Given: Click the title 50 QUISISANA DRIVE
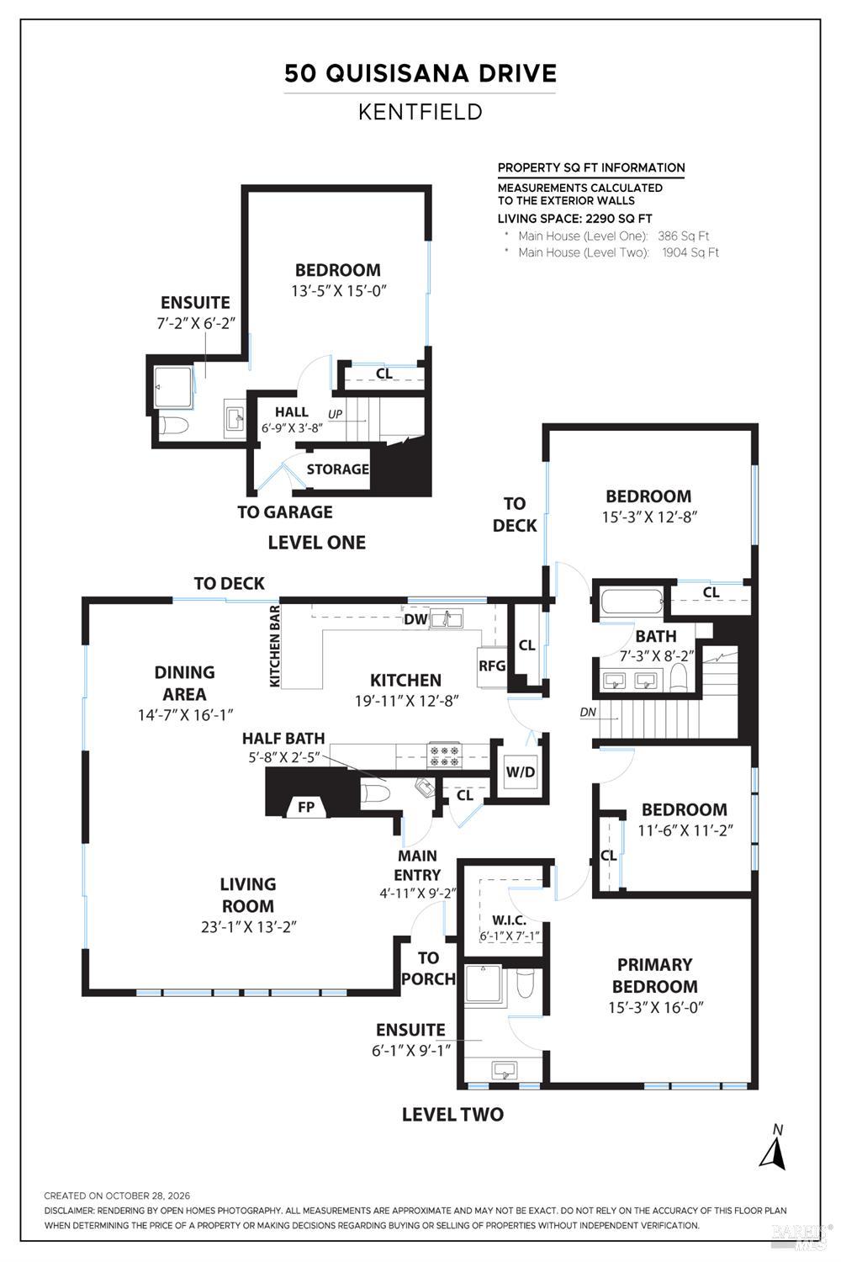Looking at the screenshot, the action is [x=420, y=74].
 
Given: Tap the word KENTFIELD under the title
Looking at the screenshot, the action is [x=420, y=112].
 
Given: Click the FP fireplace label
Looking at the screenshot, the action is [x=306, y=808].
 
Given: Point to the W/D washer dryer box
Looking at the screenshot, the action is [x=520, y=772].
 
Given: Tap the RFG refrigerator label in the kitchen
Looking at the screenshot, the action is [x=492, y=666].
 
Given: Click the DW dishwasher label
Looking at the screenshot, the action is [x=415, y=620].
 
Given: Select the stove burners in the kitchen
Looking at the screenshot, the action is [x=444, y=756].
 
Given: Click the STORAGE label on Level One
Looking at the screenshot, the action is [x=337, y=469].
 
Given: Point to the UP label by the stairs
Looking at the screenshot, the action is [x=336, y=414].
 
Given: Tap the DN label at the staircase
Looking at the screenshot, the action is [x=588, y=712].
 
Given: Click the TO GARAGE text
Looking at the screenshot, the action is [x=284, y=512].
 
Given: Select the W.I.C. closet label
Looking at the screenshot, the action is [x=509, y=920].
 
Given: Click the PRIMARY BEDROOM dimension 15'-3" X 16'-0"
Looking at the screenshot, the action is [x=656, y=1007].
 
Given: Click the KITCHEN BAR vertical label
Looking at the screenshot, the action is [x=275, y=646].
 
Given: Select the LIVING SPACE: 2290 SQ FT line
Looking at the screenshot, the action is [x=574, y=219].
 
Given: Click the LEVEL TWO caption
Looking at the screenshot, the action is [x=452, y=1115].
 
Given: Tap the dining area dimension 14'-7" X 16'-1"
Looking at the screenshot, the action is [x=185, y=715].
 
